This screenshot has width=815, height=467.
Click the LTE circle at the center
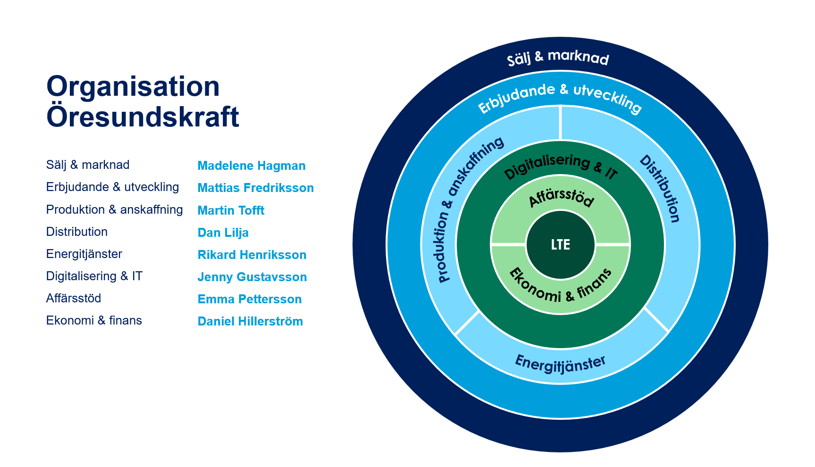(x=560, y=244)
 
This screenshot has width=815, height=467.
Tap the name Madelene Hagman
(x=251, y=166)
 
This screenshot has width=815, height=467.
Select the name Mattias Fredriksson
(x=255, y=188)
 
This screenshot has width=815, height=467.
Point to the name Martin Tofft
(x=231, y=210)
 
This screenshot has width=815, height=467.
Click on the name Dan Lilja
(x=223, y=233)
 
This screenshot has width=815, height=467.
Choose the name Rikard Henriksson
(x=252, y=255)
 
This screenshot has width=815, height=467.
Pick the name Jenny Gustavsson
(x=252, y=277)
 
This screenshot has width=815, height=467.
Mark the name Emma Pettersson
(x=249, y=299)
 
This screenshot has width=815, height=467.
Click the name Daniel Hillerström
(x=250, y=321)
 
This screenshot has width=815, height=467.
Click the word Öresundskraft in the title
(x=143, y=117)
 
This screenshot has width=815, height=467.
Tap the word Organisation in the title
(x=133, y=86)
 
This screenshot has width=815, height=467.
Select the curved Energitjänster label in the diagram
(x=560, y=364)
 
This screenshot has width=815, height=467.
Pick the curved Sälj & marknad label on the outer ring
(x=558, y=58)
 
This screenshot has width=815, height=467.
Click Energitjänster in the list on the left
(x=84, y=254)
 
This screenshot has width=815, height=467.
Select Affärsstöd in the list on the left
(x=74, y=298)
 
